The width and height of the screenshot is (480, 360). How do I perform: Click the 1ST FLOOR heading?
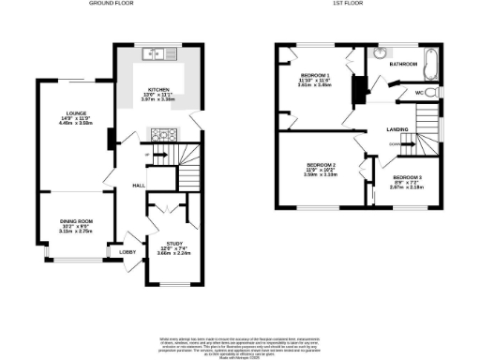coord(348,4)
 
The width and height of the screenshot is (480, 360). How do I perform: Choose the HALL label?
coord(138,186)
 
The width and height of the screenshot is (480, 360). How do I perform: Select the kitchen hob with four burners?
coord(161,133)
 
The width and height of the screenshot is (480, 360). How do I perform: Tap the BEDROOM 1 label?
coord(316,74)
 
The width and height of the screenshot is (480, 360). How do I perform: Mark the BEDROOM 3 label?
coord(407,177)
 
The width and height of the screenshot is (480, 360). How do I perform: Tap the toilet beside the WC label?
coord(426,93)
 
